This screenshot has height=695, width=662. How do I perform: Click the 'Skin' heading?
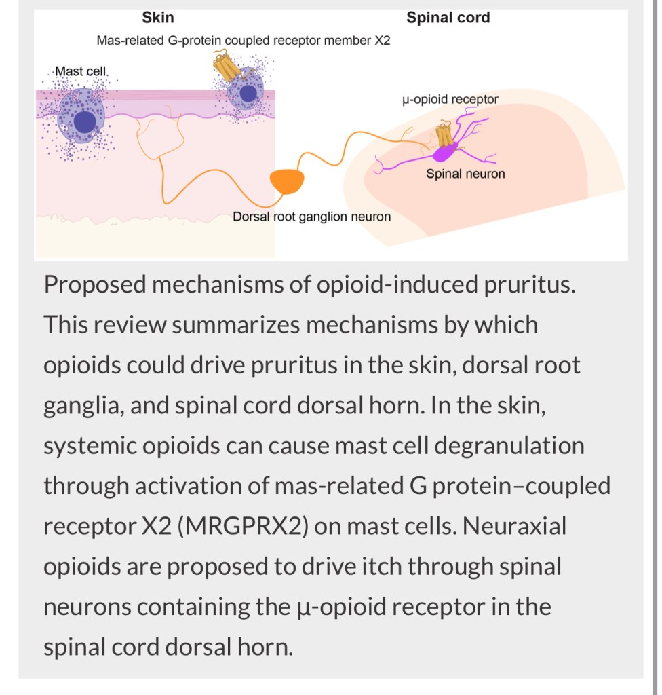pos(157,18)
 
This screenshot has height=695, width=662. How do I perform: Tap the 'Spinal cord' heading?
pos(448,18)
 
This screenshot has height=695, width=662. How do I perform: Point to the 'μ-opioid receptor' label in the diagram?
pos(450,100)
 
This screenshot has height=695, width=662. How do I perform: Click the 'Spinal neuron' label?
pos(465,174)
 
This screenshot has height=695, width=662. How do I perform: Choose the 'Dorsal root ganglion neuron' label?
pos(311,217)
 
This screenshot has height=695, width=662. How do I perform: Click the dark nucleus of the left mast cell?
pos(85,122)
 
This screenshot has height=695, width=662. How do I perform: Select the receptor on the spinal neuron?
pos(444,134)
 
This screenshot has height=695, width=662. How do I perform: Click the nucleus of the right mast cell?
pos(249,93)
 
